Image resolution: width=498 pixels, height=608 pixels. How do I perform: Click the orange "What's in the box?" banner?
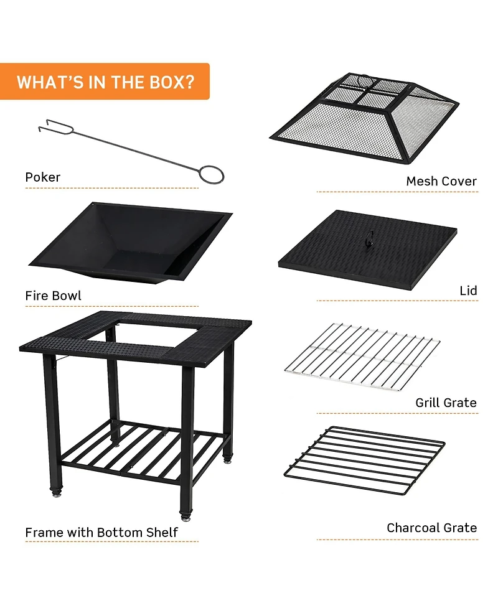click(x=105, y=82)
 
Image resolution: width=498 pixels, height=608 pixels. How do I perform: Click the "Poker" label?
click(x=43, y=177)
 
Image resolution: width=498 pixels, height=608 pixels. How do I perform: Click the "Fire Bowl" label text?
click(x=53, y=296)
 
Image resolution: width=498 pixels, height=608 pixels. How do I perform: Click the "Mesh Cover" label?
click(x=441, y=181)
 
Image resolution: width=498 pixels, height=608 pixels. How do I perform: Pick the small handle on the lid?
click(x=370, y=237)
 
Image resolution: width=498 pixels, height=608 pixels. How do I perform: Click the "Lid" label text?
click(x=467, y=291)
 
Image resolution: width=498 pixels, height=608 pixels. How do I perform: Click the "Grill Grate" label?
click(x=446, y=403)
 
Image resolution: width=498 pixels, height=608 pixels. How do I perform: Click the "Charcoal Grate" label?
click(x=431, y=528)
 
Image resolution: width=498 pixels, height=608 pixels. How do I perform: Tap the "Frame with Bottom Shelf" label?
click(x=101, y=533)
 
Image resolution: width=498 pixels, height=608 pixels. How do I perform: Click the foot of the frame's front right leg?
click(x=186, y=516)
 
